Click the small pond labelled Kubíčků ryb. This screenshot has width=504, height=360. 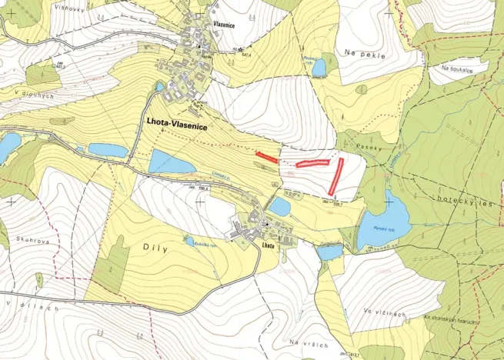[x=189, y=242]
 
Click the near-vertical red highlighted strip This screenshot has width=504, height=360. [x=335, y=177]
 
